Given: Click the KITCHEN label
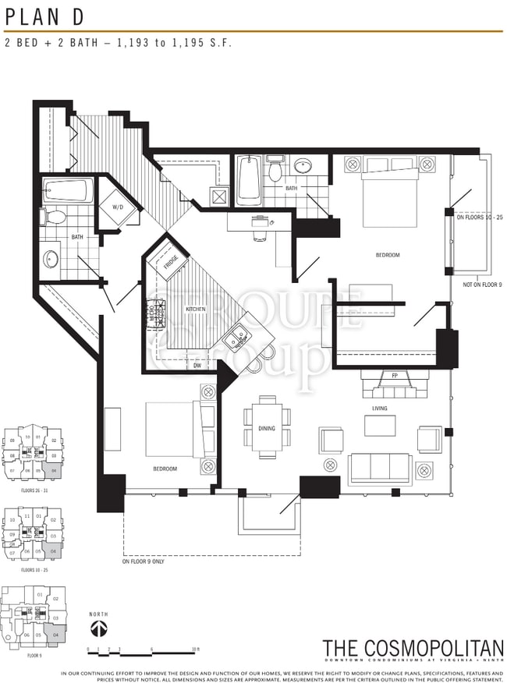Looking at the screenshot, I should click(x=195, y=310).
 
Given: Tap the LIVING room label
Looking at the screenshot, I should click(x=380, y=408).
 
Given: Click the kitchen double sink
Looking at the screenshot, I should click(x=234, y=338).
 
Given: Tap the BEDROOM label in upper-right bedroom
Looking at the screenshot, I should click(x=388, y=255).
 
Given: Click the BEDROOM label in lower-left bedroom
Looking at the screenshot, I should click(x=165, y=469).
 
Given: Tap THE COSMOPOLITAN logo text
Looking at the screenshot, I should click(x=413, y=648).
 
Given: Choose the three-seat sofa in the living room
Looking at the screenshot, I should click(x=380, y=469).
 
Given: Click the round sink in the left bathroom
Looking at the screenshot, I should click(x=52, y=258).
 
